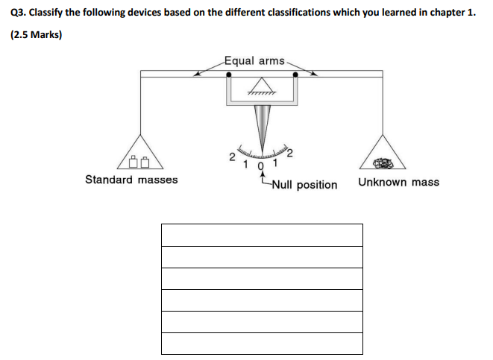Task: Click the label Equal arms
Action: [254, 60]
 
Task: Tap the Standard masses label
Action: [131, 180]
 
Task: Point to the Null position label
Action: [304, 185]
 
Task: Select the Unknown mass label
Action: [398, 182]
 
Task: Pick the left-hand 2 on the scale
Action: [232, 157]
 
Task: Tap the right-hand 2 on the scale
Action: [289, 154]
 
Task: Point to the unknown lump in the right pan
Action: [383, 162]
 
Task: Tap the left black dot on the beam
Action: [227, 75]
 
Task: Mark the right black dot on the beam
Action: [296, 75]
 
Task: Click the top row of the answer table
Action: [262, 235]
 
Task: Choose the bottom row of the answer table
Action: [262, 344]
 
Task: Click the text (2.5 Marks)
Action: [35, 34]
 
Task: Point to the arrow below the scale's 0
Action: [261, 176]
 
